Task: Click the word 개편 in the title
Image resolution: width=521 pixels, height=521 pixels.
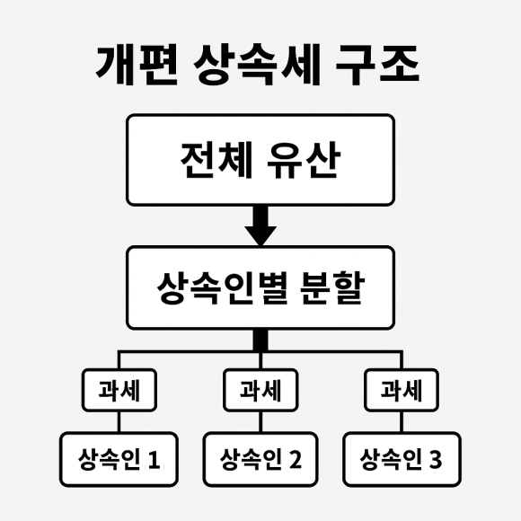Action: click(137, 64)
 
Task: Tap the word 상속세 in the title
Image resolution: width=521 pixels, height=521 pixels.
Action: click(257, 64)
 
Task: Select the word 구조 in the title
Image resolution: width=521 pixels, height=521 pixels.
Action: click(377, 64)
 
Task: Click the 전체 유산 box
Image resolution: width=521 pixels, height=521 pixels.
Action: click(260, 160)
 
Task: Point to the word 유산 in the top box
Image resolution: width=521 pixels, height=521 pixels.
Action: click(304, 160)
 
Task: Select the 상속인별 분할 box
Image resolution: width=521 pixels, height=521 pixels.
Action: click(260, 287)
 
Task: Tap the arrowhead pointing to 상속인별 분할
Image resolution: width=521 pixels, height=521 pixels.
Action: click(260, 236)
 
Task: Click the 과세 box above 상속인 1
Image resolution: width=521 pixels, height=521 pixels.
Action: click(119, 390)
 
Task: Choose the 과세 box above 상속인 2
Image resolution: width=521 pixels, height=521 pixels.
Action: click(260, 390)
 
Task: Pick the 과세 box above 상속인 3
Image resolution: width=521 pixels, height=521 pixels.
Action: click(402, 390)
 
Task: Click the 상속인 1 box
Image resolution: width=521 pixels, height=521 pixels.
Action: click(119, 460)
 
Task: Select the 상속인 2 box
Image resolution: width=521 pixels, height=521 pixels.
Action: click(260, 460)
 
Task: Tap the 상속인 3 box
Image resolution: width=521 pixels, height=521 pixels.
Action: click(402, 460)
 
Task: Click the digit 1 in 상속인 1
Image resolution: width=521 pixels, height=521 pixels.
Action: click(154, 460)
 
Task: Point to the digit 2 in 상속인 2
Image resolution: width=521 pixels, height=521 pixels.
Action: click(296, 460)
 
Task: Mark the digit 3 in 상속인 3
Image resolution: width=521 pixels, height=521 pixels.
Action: click(436, 460)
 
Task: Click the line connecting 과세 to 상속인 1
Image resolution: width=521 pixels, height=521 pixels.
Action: click(119, 422)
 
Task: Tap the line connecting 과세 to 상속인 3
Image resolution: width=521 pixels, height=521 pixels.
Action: click(402, 422)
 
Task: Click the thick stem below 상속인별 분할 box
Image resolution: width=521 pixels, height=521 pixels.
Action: click(260, 340)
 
